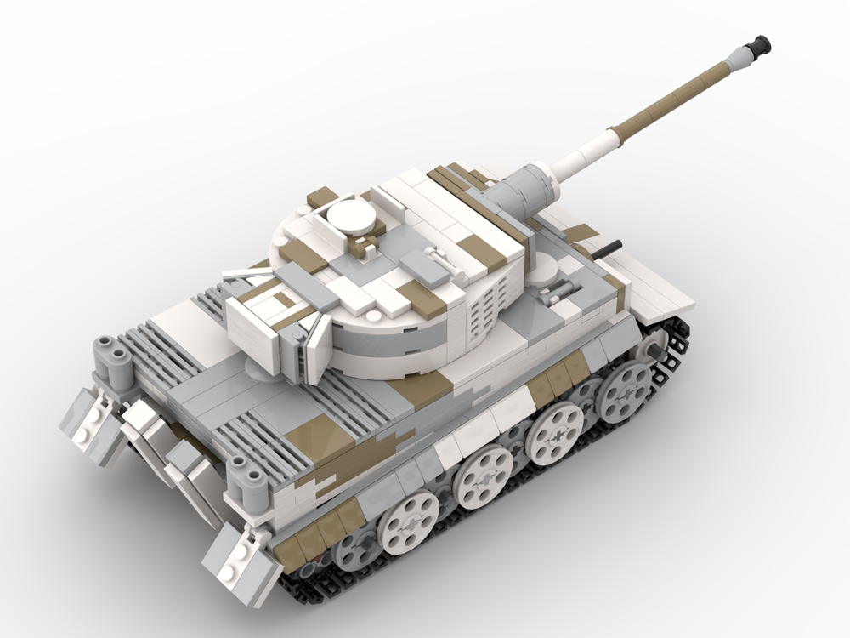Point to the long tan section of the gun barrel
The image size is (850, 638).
tap(671, 101)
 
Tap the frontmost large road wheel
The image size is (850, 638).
tap(626, 391)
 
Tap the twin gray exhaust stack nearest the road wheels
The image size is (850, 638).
tap(246, 478)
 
